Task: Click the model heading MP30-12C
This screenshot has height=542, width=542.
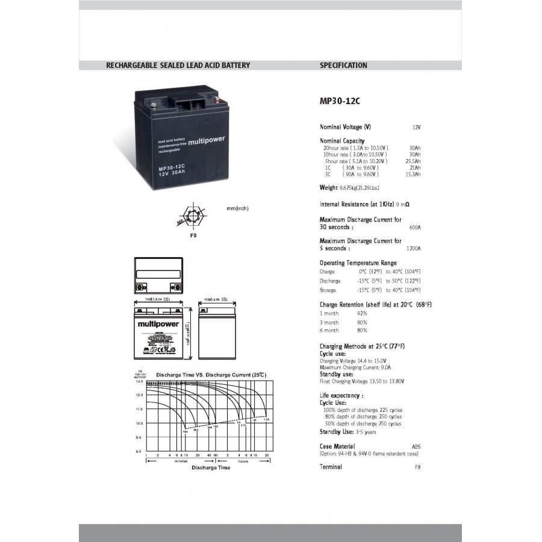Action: [x=340, y=101]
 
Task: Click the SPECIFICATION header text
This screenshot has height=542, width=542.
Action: [x=343, y=66]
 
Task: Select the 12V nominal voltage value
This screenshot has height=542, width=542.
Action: [x=416, y=128]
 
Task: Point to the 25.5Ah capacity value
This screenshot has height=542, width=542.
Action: [x=413, y=161]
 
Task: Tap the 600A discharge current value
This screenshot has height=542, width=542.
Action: [x=414, y=228]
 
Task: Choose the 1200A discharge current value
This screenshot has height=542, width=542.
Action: [x=413, y=248]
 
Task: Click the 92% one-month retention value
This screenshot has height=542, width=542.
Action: [x=362, y=314]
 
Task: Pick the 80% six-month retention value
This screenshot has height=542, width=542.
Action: [x=362, y=331]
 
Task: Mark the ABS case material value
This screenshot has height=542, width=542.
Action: [x=416, y=447]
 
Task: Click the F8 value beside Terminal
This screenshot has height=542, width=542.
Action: [x=417, y=467]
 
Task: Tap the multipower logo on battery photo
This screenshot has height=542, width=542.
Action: [x=207, y=142]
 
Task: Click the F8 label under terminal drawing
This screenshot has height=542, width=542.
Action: [x=193, y=235]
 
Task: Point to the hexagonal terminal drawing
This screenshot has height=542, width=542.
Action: [x=193, y=216]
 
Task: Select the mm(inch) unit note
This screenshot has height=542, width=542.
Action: [x=237, y=208]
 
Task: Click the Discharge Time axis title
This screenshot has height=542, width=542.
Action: [x=211, y=467]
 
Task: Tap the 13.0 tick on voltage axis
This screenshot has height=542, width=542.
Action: [x=139, y=382]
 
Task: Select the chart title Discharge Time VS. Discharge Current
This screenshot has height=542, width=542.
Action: [x=211, y=375]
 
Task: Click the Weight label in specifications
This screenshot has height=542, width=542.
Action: [x=329, y=188]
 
